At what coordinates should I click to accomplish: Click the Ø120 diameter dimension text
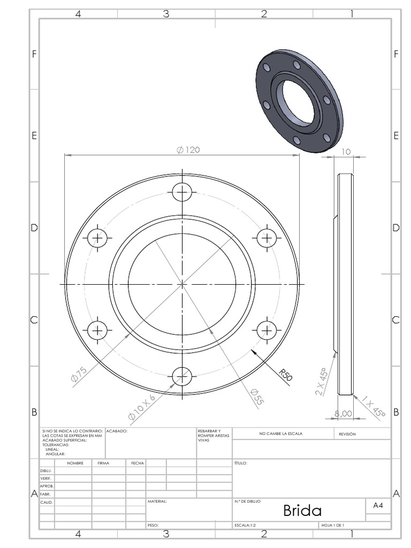[x=188, y=150]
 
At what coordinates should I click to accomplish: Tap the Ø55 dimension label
[x=257, y=398]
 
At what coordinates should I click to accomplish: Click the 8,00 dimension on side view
[x=343, y=413]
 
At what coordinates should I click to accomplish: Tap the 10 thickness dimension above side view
[x=346, y=151]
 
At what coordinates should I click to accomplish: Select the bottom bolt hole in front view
[x=182, y=376]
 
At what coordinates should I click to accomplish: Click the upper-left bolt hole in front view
[x=97, y=238]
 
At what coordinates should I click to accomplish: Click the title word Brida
[x=302, y=510]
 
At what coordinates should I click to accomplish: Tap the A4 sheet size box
[x=378, y=505]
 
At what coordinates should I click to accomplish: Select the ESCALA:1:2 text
[x=245, y=526]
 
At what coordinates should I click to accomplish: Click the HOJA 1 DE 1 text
[x=332, y=526]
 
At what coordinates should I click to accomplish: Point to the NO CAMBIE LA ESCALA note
[x=280, y=434]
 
